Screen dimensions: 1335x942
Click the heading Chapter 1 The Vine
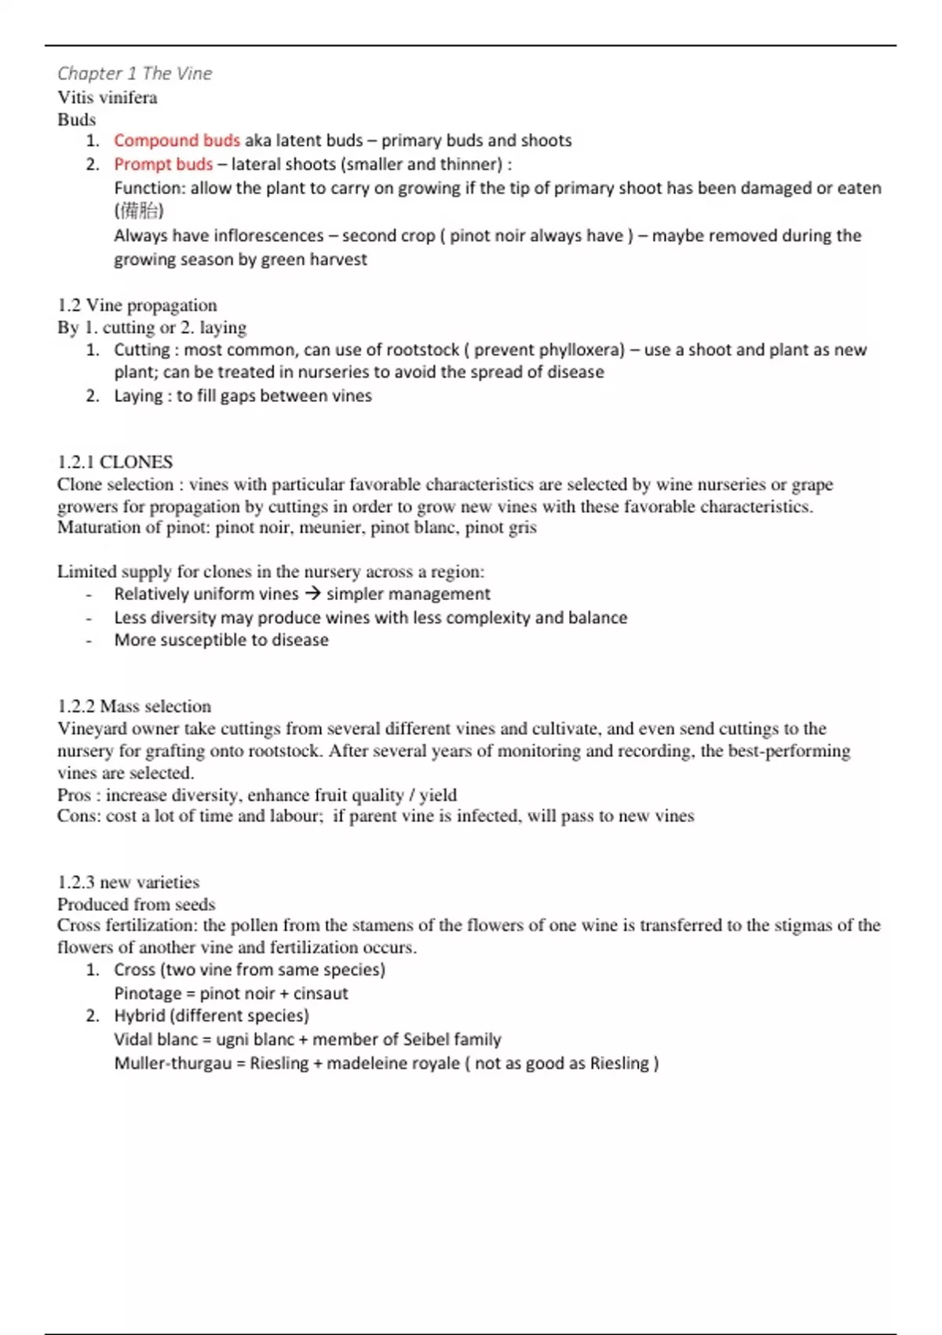134,74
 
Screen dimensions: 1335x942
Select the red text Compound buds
177,141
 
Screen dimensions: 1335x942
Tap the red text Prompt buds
163,164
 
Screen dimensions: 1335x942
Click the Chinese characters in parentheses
139,210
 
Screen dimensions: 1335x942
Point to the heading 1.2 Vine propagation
137,305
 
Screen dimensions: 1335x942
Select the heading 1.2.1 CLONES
115,462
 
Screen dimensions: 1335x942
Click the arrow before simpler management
312,594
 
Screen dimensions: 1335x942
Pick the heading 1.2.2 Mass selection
134,706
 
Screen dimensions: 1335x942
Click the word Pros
74,795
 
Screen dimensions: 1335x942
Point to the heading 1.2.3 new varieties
128,882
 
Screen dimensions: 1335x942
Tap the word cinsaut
320,993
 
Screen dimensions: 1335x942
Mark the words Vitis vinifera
108,97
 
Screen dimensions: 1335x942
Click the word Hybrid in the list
140,1015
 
